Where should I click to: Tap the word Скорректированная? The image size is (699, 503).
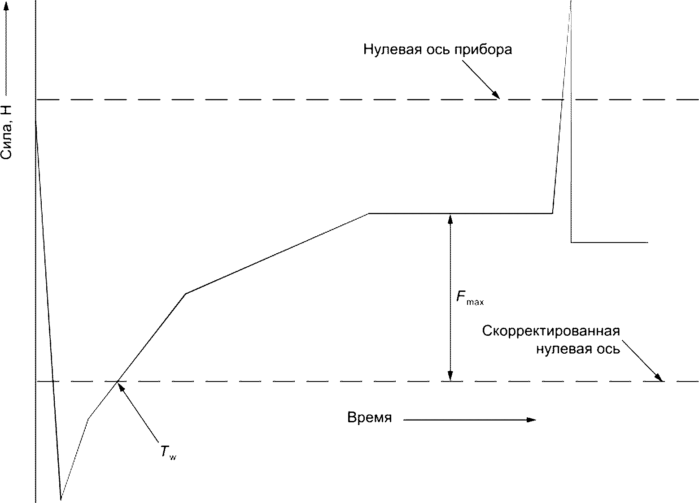(x=551, y=331)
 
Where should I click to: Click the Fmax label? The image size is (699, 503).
(x=469, y=299)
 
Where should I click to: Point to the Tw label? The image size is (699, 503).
(x=168, y=453)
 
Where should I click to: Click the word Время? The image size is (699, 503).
(x=369, y=418)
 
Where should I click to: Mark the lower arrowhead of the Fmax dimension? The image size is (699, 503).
(x=450, y=377)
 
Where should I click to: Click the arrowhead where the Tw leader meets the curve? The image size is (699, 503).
(x=120, y=384)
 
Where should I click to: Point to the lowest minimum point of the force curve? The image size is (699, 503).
(x=61, y=499)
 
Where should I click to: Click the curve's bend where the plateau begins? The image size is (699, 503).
(x=368, y=213)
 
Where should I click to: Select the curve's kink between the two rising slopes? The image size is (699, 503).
(x=185, y=294)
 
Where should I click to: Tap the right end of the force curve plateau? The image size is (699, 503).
(x=552, y=213)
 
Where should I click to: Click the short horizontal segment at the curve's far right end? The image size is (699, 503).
(x=609, y=242)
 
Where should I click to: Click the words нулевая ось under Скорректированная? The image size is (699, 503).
(x=578, y=349)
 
